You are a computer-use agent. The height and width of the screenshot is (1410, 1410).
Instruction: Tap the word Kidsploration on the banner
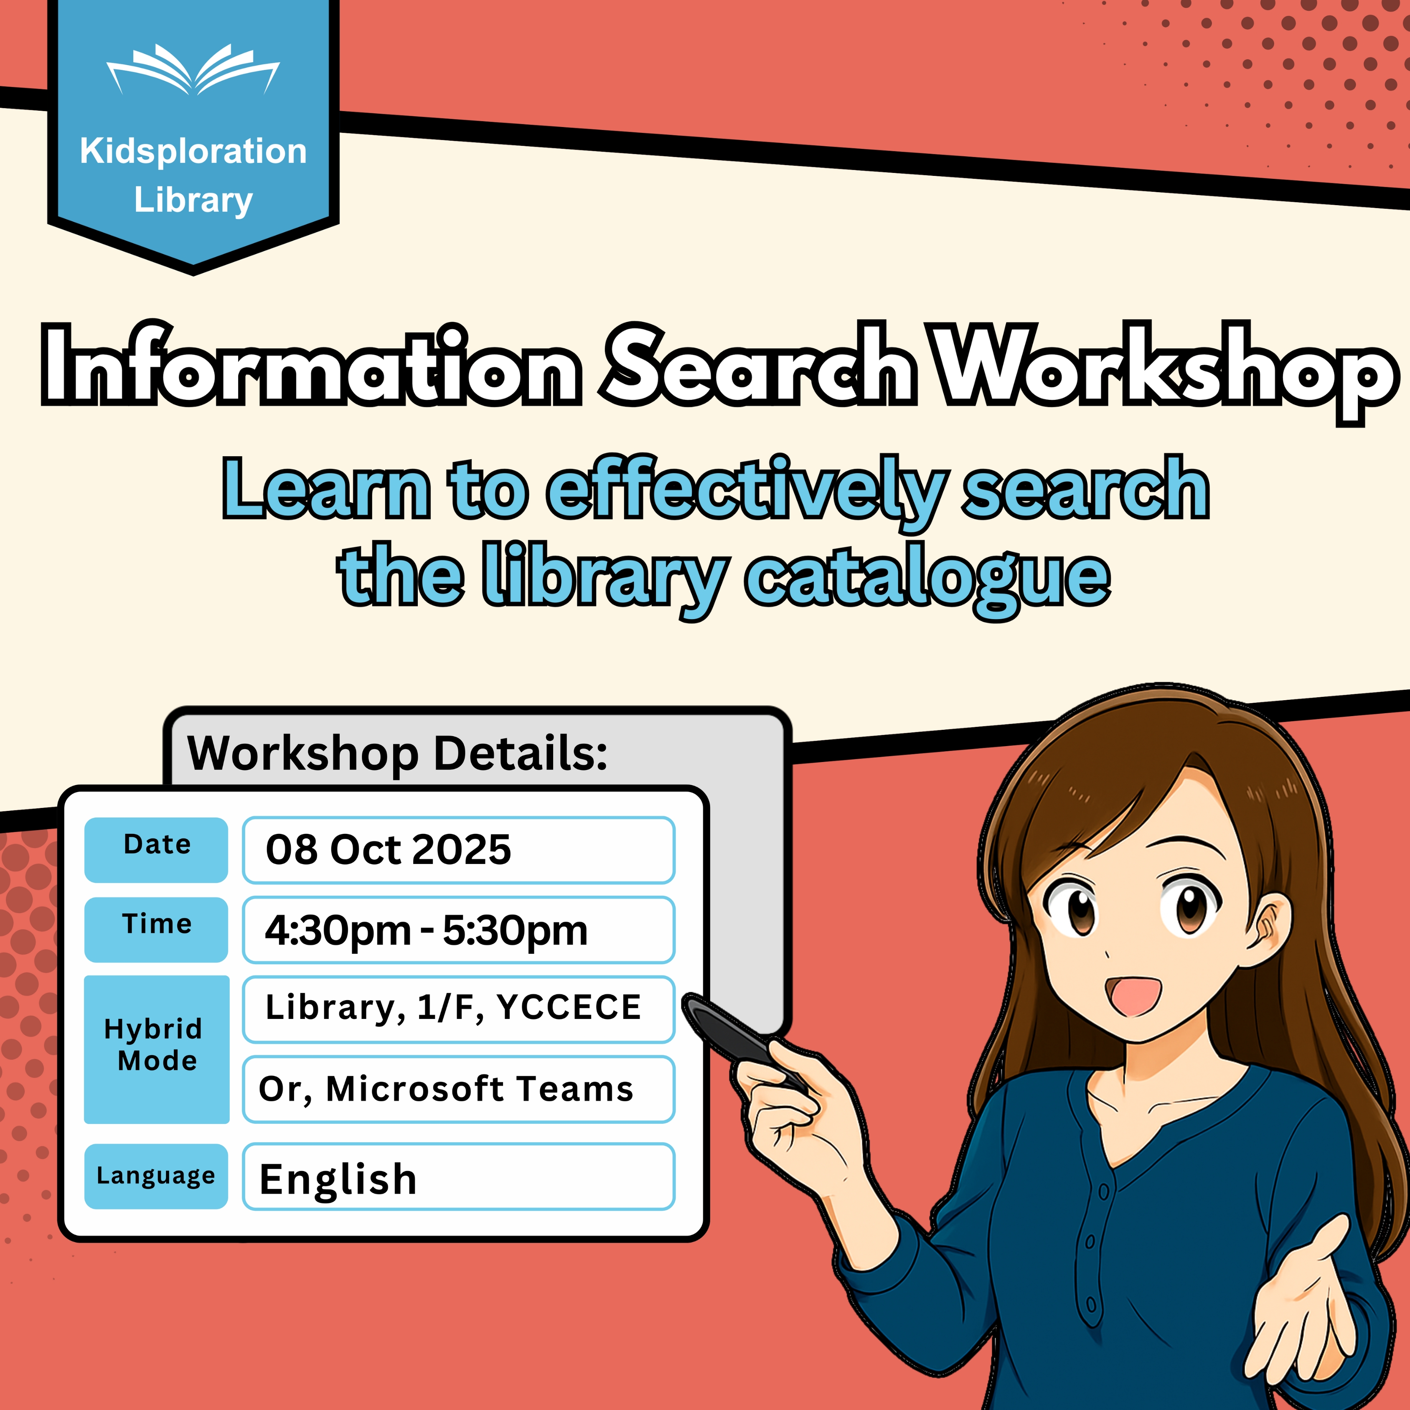[x=193, y=152]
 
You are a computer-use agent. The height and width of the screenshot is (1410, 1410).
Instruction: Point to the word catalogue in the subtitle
[x=927, y=579]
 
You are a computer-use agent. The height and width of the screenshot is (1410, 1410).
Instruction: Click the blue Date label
[x=156, y=849]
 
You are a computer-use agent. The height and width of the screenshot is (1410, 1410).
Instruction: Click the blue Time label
[x=156, y=929]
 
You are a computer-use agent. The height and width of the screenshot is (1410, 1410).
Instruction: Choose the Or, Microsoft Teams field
[x=458, y=1089]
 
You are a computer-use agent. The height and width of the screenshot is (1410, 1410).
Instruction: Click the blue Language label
[x=156, y=1176]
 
